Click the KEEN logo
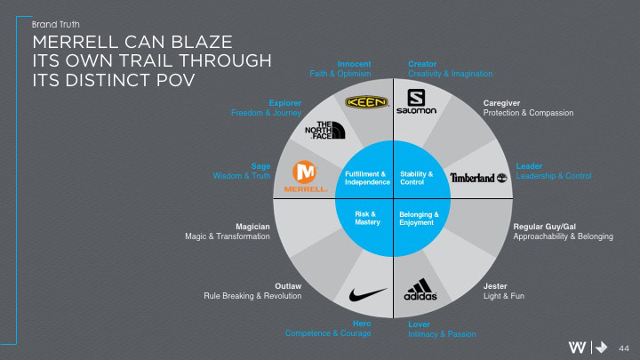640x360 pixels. click(366, 102)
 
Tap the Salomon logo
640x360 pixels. click(421, 102)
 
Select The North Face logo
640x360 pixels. click(324, 131)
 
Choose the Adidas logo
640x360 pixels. click(420, 292)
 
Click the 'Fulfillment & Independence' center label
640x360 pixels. click(364, 178)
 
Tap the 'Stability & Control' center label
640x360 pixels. click(417, 178)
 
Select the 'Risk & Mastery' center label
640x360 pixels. click(367, 218)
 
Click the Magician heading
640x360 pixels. click(252, 227)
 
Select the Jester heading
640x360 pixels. click(495, 285)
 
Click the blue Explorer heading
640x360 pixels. click(284, 103)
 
